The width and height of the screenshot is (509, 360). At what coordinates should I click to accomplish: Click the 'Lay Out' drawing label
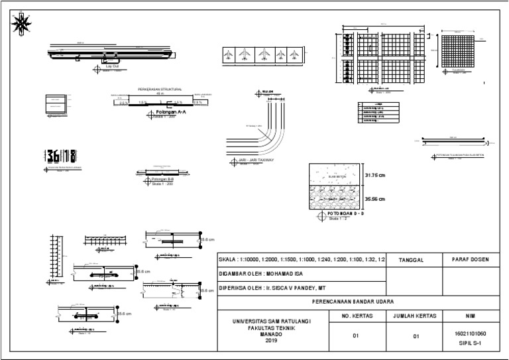[x=112, y=67]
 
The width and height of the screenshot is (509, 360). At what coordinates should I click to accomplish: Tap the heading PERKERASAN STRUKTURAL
[x=160, y=88]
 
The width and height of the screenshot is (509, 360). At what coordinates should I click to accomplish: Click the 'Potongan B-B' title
[x=162, y=179]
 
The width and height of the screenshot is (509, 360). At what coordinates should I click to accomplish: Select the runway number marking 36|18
[x=60, y=156]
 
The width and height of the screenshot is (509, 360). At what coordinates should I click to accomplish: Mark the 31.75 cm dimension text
[x=374, y=175]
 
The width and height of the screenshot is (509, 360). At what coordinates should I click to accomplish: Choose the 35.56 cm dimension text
[x=374, y=199]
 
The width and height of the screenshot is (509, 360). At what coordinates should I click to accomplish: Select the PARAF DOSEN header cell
[x=470, y=259]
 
